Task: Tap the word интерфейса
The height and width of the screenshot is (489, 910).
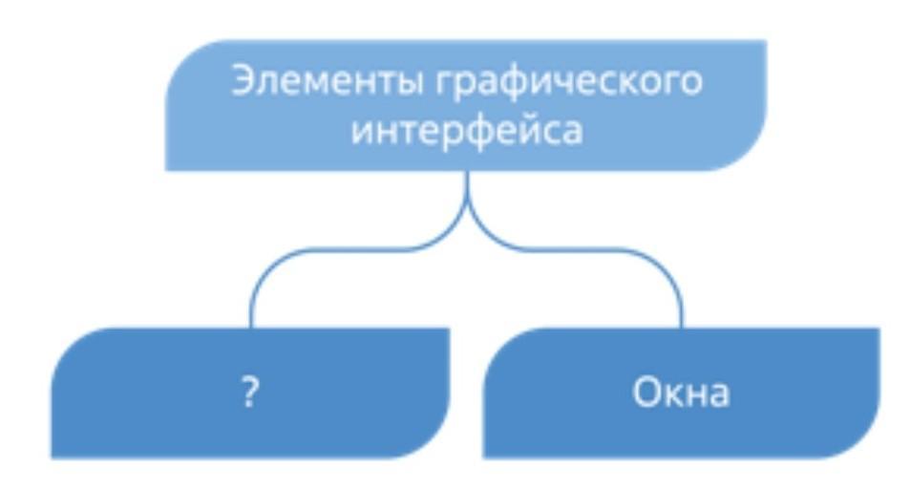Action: [466, 131]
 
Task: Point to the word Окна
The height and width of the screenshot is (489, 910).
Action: [681, 393]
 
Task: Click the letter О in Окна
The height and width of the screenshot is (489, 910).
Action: [645, 393]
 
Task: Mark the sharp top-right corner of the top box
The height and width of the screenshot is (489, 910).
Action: [764, 42]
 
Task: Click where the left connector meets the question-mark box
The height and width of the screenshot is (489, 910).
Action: [250, 328]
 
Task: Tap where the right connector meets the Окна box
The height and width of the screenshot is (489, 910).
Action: [682, 328]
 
